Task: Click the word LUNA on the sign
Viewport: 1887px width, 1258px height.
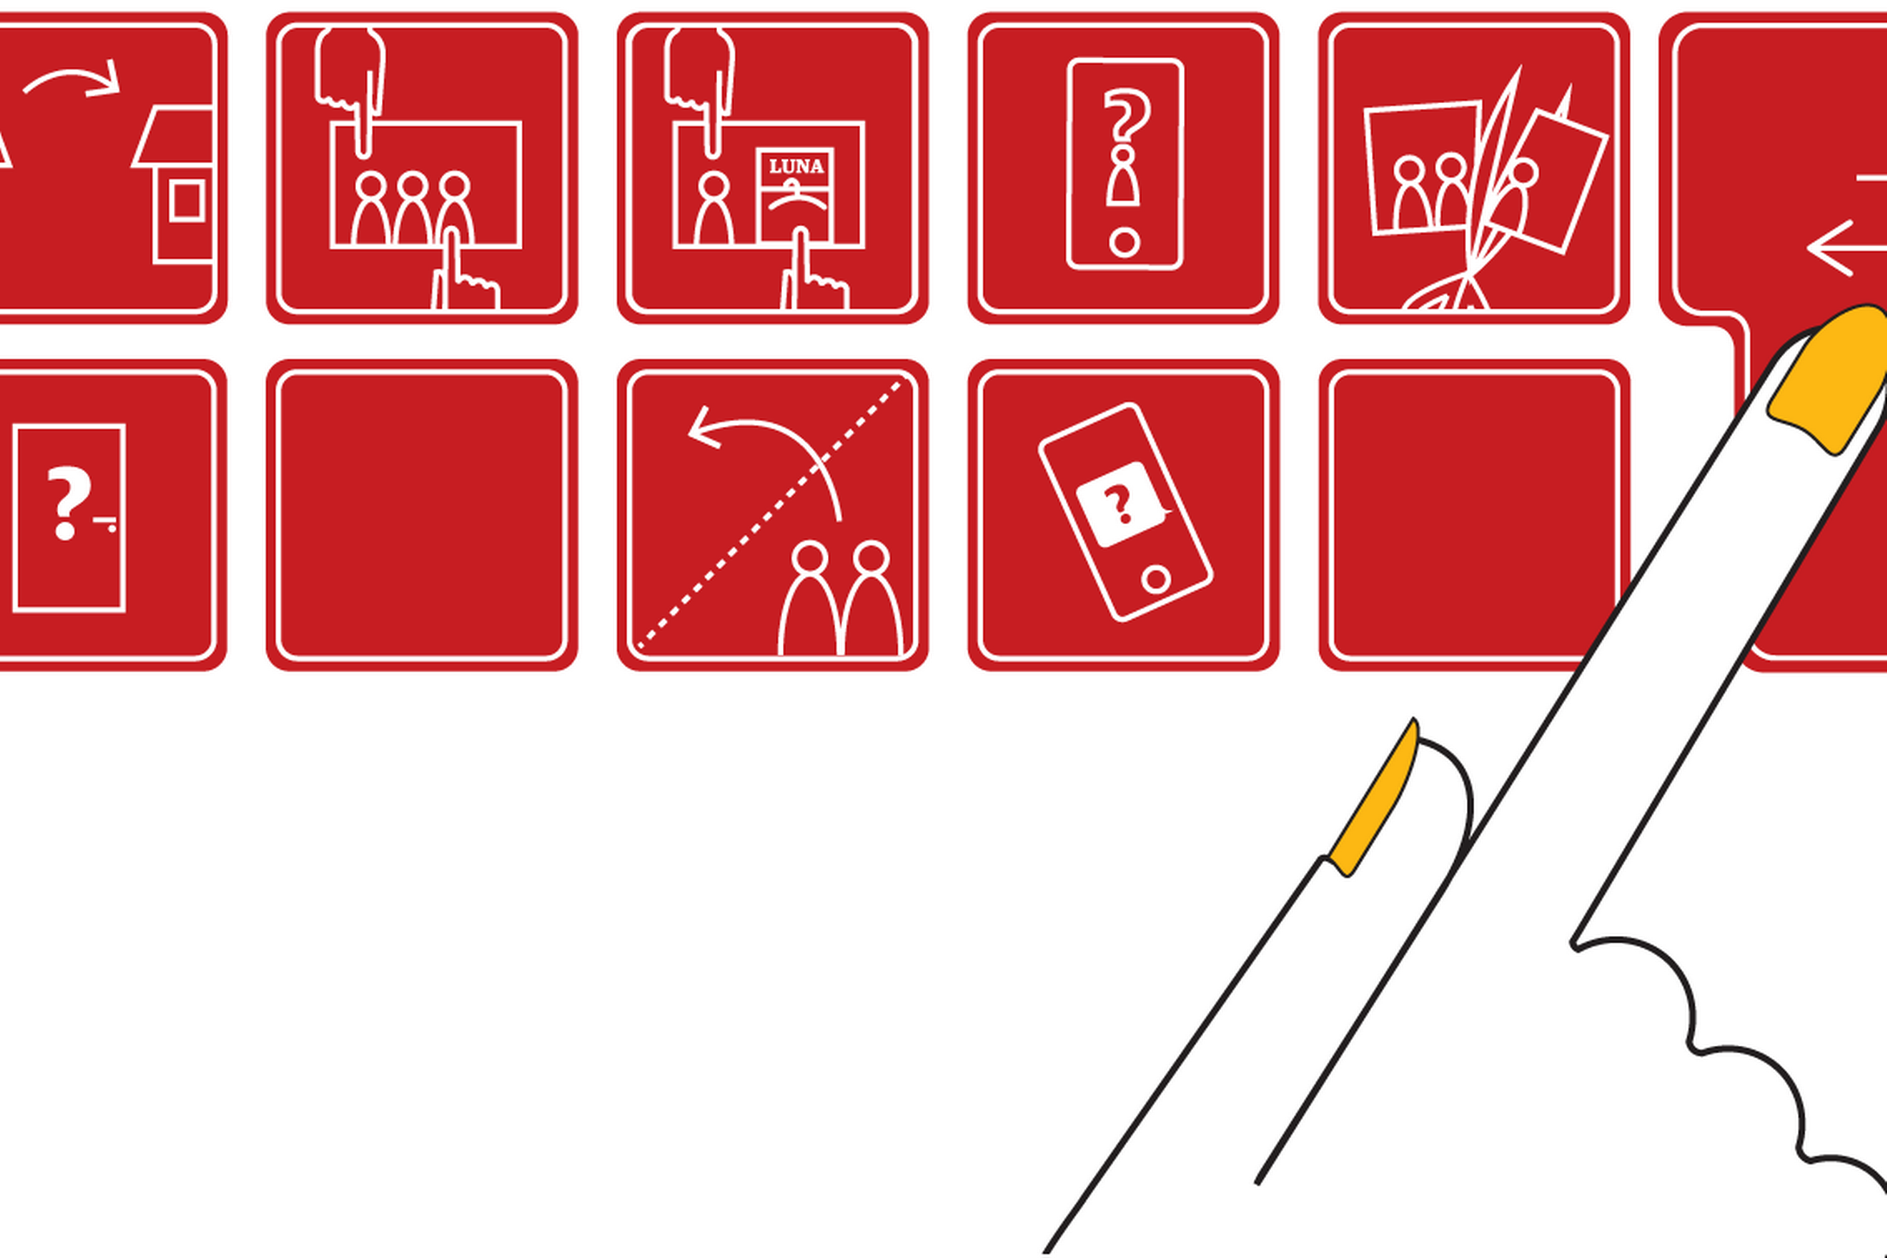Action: click(796, 167)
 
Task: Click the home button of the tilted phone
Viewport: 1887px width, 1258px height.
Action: click(1155, 579)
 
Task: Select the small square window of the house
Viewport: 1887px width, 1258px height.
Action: click(187, 200)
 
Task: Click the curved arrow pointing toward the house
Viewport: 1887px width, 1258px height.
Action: click(72, 79)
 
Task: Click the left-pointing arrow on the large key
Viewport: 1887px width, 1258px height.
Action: click(1845, 248)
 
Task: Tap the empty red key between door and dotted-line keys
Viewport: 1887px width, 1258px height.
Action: click(422, 515)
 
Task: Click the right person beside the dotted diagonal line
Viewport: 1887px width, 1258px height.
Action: click(873, 598)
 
